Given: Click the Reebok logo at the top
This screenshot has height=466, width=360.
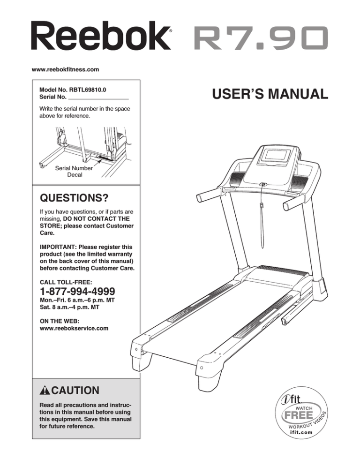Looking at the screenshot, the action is [x=101, y=37].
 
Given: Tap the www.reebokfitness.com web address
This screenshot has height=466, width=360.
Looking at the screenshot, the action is [x=66, y=69].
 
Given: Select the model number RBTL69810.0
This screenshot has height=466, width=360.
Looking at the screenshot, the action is [x=87, y=90].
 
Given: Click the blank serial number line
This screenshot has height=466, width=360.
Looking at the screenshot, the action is [x=98, y=98].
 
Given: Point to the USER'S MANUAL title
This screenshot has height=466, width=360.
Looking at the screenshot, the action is [x=270, y=94].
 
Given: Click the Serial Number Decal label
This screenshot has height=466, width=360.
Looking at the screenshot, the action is [x=74, y=172].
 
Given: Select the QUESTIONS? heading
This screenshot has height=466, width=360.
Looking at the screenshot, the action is [x=74, y=198].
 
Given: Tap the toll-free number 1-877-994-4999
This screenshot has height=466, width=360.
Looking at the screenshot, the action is [x=78, y=291].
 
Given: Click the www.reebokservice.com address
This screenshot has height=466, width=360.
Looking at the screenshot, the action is [x=74, y=328].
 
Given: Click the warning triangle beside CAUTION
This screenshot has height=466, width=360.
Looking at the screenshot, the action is [x=45, y=390].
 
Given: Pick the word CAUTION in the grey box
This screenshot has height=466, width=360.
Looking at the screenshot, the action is [x=75, y=390].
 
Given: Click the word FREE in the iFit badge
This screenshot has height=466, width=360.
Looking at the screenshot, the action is [x=299, y=415].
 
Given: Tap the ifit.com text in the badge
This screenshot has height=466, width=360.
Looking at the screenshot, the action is [x=301, y=432].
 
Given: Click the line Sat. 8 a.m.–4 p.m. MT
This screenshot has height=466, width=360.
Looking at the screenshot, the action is [x=69, y=307].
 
